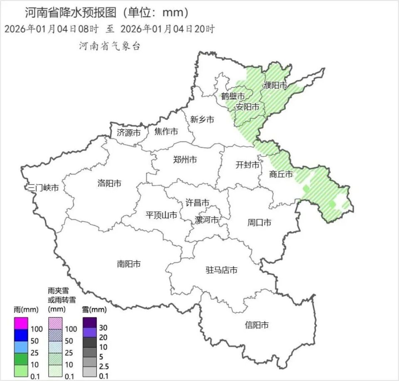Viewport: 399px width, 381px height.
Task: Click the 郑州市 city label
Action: (185, 160)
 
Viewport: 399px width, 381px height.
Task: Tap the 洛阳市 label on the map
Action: (109, 183)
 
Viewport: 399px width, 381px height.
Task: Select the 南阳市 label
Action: (128, 263)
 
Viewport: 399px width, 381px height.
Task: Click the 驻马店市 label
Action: (222, 270)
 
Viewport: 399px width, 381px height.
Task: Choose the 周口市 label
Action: (259, 223)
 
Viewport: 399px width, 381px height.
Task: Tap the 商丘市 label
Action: (281, 174)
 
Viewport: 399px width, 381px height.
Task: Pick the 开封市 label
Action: (247, 165)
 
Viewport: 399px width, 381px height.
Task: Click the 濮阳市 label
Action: (275, 86)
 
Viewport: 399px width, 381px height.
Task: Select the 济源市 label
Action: (128, 133)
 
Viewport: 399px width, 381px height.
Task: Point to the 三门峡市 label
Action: (42, 187)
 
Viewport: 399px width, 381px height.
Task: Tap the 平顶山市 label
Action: (161, 215)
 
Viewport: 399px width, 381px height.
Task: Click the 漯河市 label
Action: (207, 220)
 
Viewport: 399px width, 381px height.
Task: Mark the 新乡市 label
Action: (202, 120)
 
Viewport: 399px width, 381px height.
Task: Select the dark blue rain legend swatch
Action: (21, 333)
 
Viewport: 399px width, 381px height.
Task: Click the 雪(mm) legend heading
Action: (94, 309)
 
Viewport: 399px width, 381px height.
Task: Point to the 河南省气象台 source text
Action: (110, 46)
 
